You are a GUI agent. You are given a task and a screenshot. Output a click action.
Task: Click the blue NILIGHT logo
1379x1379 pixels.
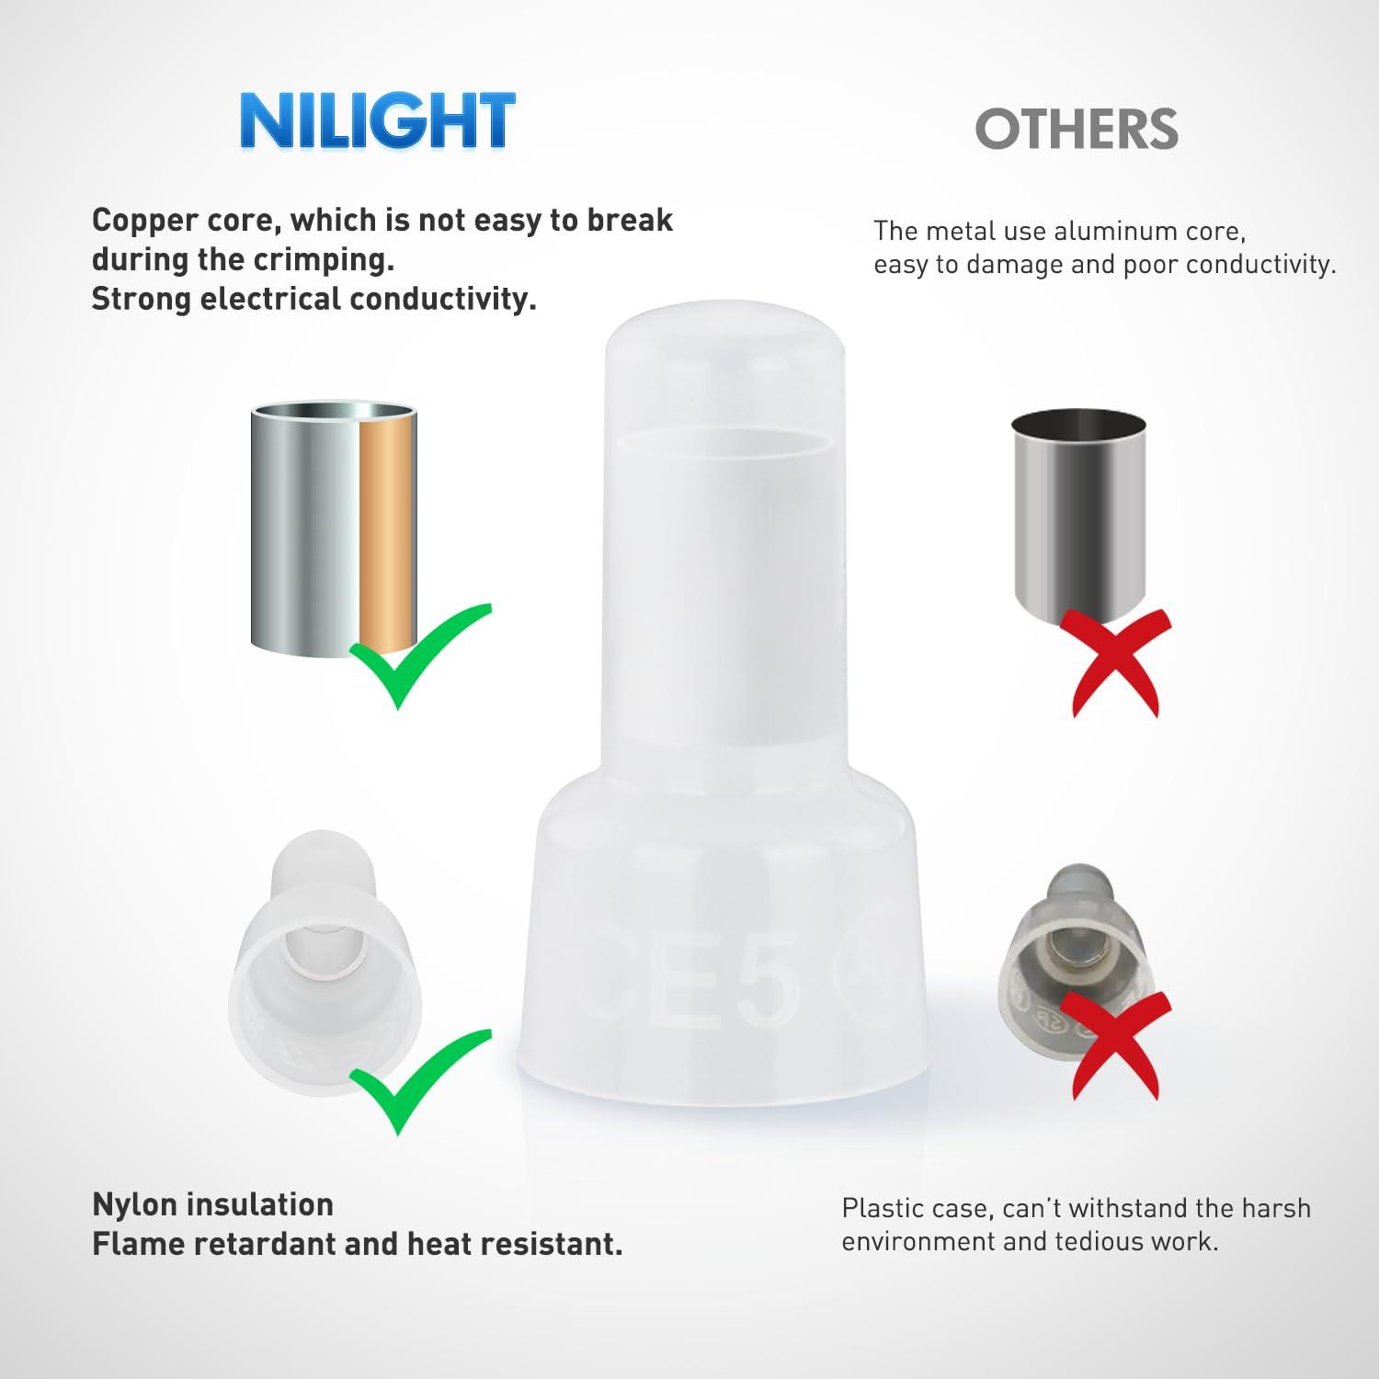(x=377, y=120)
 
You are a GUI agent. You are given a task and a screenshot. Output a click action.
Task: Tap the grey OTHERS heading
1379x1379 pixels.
(x=1077, y=130)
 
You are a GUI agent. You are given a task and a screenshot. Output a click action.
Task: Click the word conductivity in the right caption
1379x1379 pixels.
(x=1261, y=265)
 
